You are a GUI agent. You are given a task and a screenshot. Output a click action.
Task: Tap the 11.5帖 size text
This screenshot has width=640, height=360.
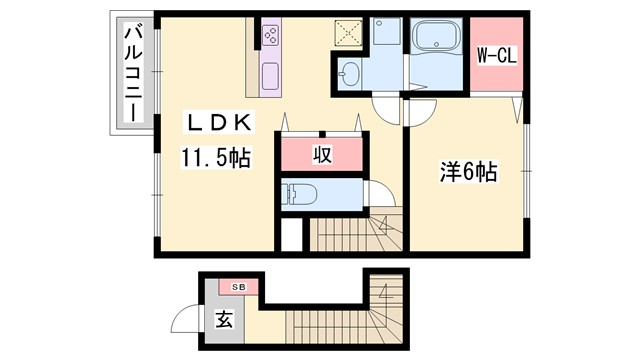[x=215, y=156]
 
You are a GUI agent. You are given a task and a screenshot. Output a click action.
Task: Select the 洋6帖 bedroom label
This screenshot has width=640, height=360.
[x=466, y=172]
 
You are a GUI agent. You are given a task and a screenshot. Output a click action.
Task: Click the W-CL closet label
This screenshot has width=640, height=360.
[x=494, y=57]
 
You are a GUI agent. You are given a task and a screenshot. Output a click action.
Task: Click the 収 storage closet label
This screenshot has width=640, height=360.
[x=321, y=155]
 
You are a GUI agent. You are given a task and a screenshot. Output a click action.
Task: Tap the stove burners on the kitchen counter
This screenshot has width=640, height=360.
[x=271, y=38]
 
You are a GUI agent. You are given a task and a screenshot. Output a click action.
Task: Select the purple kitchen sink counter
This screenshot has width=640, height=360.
[x=271, y=75]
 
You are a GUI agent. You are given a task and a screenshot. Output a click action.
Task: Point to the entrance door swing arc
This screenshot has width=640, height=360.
[x=185, y=320]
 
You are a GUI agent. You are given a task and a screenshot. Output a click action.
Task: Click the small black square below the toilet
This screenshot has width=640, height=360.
[x=289, y=234]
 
